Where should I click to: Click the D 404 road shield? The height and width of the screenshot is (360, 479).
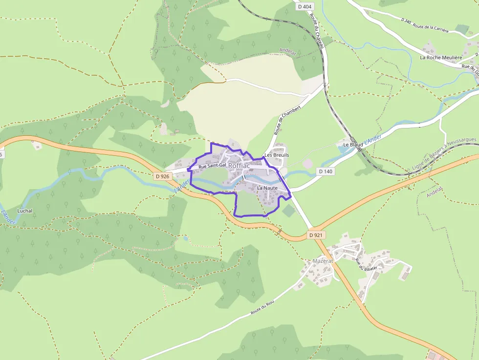pyautogui.click(x=304, y=6)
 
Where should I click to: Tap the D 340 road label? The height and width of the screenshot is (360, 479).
pyautogui.click(x=405, y=21)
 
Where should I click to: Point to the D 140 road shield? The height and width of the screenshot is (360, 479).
pyautogui.click(x=326, y=171)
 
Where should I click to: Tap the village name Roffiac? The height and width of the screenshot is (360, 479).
pyautogui.click(x=239, y=166)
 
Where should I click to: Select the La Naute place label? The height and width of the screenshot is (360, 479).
pyautogui.click(x=267, y=188)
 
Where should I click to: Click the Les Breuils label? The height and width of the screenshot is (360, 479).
pyautogui.click(x=277, y=155)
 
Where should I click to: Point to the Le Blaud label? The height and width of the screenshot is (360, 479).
pyautogui.click(x=353, y=145)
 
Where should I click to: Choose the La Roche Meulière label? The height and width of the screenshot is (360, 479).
pyautogui.click(x=441, y=57)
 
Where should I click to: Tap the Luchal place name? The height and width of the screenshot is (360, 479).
pyautogui.click(x=24, y=211)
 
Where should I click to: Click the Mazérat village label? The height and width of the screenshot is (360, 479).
pyautogui.click(x=323, y=261)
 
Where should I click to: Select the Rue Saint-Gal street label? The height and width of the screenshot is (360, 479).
pyautogui.click(x=213, y=166)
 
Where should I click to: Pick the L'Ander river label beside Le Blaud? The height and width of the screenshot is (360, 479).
pyautogui.click(x=373, y=139)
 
